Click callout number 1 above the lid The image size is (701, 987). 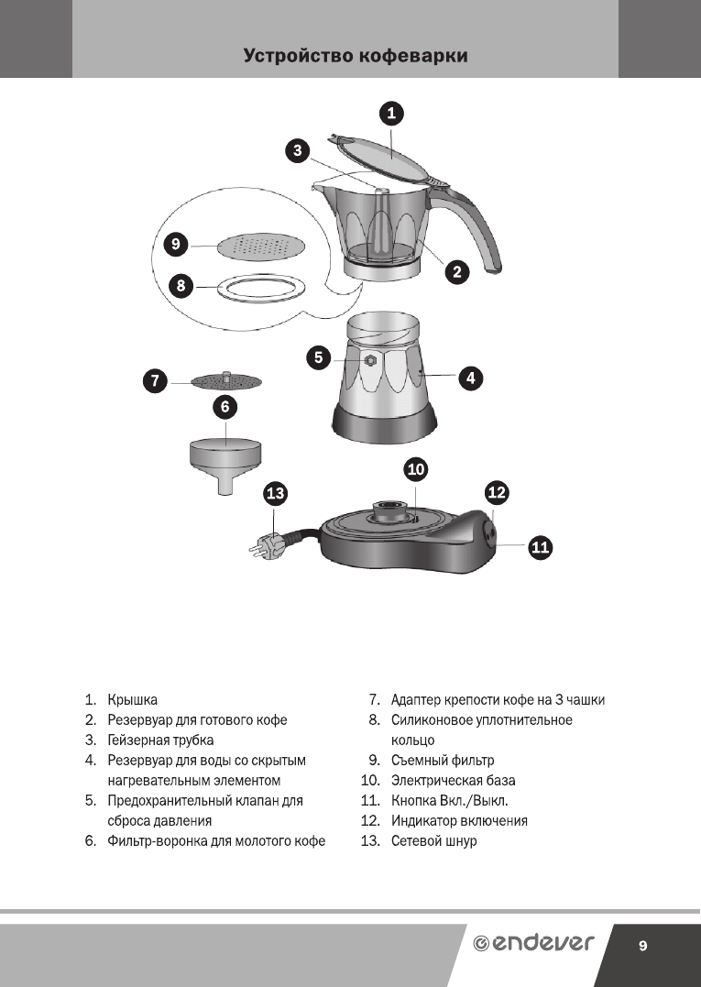(x=392, y=114)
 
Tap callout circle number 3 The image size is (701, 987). (x=295, y=151)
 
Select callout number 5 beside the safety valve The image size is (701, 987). (x=318, y=357)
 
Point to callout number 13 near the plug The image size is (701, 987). (x=275, y=494)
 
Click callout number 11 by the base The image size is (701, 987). (x=540, y=548)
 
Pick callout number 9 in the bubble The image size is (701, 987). (x=174, y=245)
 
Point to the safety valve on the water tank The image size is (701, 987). (x=371, y=360)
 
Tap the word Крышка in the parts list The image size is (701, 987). (x=132, y=700)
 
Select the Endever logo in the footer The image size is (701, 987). (x=532, y=944)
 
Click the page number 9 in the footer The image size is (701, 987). (x=643, y=946)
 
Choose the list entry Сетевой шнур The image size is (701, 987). (x=433, y=840)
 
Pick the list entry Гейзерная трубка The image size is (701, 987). (x=160, y=740)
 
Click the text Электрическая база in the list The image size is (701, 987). (x=453, y=781)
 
